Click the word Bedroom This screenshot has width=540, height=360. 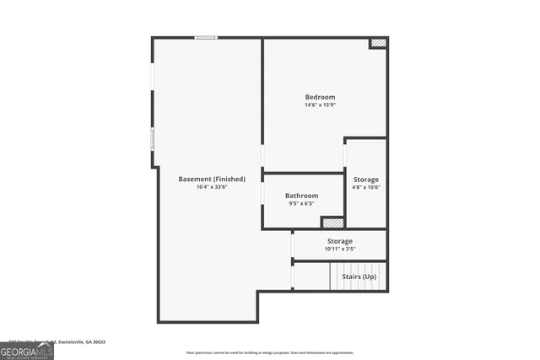coord(320,97)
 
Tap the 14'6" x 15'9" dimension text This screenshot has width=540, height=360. coord(320,105)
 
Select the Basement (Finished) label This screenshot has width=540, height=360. coord(212,179)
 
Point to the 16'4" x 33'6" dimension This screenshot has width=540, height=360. coord(212,187)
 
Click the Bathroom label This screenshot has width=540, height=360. coord(301,195)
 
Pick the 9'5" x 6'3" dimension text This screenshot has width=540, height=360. coord(301,203)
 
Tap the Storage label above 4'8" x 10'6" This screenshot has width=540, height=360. coord(366,180)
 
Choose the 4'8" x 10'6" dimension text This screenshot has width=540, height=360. coord(366,188)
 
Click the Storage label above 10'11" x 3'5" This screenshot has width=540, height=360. coord(340,241)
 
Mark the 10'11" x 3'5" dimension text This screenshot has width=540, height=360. coord(340,250)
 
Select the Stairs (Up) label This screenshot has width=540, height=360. coord(359,277)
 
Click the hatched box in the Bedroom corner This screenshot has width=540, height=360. coord(379,42)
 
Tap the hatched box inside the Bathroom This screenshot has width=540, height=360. coord(332,223)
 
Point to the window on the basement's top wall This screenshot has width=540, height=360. coord(206,37)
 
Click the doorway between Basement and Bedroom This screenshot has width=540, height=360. coord(262,157)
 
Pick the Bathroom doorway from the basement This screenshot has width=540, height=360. coord(262,194)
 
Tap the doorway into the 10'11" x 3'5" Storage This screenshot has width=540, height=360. coord(292,245)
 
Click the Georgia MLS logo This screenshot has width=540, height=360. coord(27,349)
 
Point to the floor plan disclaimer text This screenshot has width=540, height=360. coord(270,352)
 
